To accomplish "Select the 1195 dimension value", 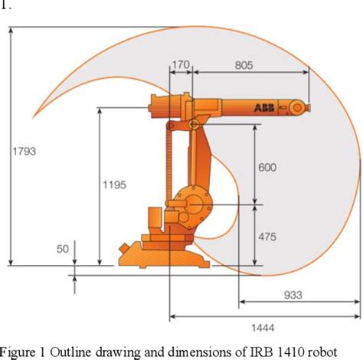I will (x=113, y=185).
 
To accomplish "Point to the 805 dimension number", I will (x=244, y=66).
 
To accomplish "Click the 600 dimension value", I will (x=267, y=168).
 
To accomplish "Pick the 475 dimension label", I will (x=267, y=237).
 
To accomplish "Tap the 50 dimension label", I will (x=63, y=249).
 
